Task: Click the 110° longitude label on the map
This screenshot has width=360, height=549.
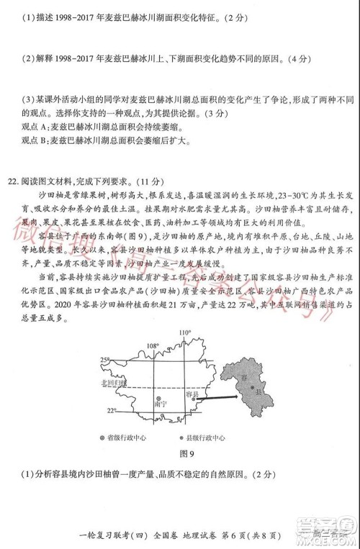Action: point(184,332)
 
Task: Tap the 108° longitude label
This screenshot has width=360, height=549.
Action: point(152,345)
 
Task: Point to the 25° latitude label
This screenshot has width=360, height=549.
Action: point(105,359)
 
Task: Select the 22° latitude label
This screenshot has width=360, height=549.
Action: point(112,410)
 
